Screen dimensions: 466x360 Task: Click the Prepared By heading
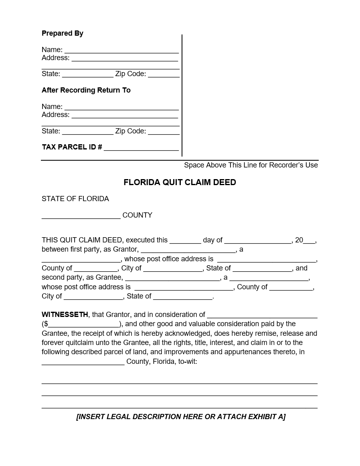tap(63, 33)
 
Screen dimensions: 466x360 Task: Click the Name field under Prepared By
tap(121, 50)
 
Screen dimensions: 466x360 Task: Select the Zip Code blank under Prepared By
tap(164, 75)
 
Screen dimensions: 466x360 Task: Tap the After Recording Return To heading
tap(86, 90)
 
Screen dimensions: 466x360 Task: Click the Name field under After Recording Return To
tap(121, 107)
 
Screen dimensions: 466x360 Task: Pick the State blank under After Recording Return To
tap(88, 132)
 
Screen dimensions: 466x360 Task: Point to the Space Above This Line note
tap(251, 165)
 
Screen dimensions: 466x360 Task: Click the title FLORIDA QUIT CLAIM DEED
tap(180, 182)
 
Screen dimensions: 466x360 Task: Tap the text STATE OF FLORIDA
tap(75, 199)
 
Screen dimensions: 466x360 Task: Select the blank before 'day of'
tap(185, 241)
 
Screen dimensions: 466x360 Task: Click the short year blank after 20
tap(309, 241)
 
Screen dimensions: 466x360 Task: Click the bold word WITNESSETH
tap(65, 315)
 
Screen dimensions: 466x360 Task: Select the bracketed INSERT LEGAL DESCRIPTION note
tap(181, 417)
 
